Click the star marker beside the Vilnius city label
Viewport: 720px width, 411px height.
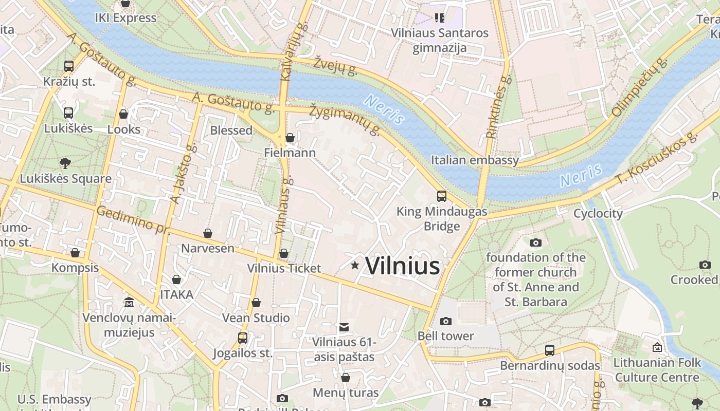(x=355, y=265)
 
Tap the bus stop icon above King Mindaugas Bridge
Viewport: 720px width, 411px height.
(x=441, y=196)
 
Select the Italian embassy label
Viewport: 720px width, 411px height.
(x=475, y=160)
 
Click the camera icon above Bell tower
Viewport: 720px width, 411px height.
(x=446, y=321)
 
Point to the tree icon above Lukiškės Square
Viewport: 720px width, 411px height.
(x=65, y=163)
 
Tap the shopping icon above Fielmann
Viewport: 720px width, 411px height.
(x=290, y=137)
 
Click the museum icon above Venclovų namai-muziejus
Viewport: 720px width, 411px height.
(x=129, y=303)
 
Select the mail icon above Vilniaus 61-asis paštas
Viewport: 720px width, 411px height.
(x=344, y=327)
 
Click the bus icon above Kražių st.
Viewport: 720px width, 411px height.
(x=69, y=66)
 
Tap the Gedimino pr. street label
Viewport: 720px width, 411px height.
(x=133, y=219)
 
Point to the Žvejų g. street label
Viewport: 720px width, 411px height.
(x=336, y=65)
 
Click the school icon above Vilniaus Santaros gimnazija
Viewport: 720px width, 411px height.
(x=439, y=18)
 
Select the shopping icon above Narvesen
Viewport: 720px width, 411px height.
(x=208, y=233)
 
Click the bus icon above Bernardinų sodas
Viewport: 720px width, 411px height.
(x=550, y=350)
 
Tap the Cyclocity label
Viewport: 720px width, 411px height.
(x=598, y=213)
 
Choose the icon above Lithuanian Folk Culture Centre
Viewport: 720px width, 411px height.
(x=657, y=348)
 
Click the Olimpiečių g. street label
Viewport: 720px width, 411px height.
(x=639, y=88)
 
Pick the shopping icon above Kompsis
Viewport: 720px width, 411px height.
(x=75, y=253)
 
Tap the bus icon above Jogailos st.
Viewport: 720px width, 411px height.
(x=242, y=338)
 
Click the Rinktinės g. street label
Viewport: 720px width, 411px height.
(x=498, y=106)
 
